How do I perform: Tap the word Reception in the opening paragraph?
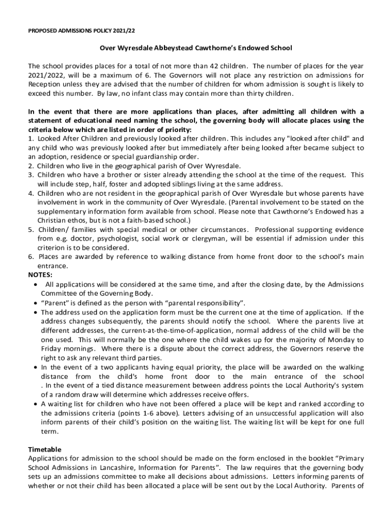tap(44, 84)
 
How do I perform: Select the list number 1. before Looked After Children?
tap(31, 138)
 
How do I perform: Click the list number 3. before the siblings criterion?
tap(31, 175)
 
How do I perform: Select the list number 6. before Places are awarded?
tap(31, 257)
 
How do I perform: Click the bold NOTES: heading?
tap(40, 275)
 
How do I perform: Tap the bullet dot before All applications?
tap(35, 284)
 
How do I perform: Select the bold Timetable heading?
tap(45, 450)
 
